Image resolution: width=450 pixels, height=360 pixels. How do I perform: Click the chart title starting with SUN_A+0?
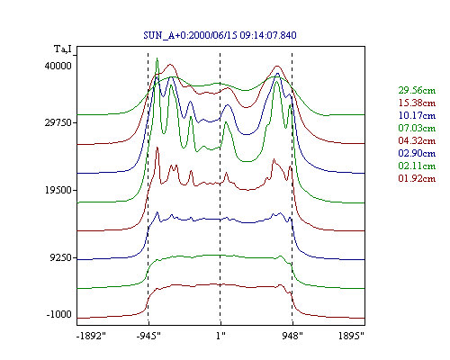click(220, 35)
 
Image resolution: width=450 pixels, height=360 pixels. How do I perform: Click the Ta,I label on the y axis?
click(63, 49)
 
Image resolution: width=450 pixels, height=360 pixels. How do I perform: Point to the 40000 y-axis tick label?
click(58, 66)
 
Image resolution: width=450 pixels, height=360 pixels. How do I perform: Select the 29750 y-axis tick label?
click(58, 122)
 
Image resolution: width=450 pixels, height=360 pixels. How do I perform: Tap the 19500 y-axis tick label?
click(58, 190)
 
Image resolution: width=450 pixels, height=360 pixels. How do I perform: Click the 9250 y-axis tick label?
click(61, 257)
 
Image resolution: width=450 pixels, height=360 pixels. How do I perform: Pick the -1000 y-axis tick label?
click(59, 314)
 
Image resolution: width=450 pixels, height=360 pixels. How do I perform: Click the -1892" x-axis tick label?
click(91, 336)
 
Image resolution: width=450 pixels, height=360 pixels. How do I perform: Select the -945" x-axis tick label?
click(148, 336)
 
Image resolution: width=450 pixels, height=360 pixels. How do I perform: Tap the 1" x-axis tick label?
click(220, 336)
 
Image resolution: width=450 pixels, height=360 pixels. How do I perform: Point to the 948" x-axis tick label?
click(292, 336)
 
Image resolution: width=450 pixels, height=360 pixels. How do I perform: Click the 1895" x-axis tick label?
click(351, 336)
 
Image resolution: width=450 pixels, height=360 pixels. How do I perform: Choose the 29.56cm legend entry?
click(417, 90)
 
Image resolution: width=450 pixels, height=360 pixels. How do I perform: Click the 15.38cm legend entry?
click(417, 103)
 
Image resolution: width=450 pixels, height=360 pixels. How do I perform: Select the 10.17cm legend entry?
click(417, 115)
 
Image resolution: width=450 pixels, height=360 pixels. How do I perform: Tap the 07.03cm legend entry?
click(417, 128)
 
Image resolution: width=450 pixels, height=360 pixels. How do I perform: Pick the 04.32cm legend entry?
click(417, 140)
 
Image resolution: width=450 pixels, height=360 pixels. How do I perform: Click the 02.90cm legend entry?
click(417, 153)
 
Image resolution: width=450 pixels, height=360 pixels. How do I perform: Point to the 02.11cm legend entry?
click(417, 166)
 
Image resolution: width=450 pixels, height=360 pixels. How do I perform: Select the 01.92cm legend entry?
click(417, 178)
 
